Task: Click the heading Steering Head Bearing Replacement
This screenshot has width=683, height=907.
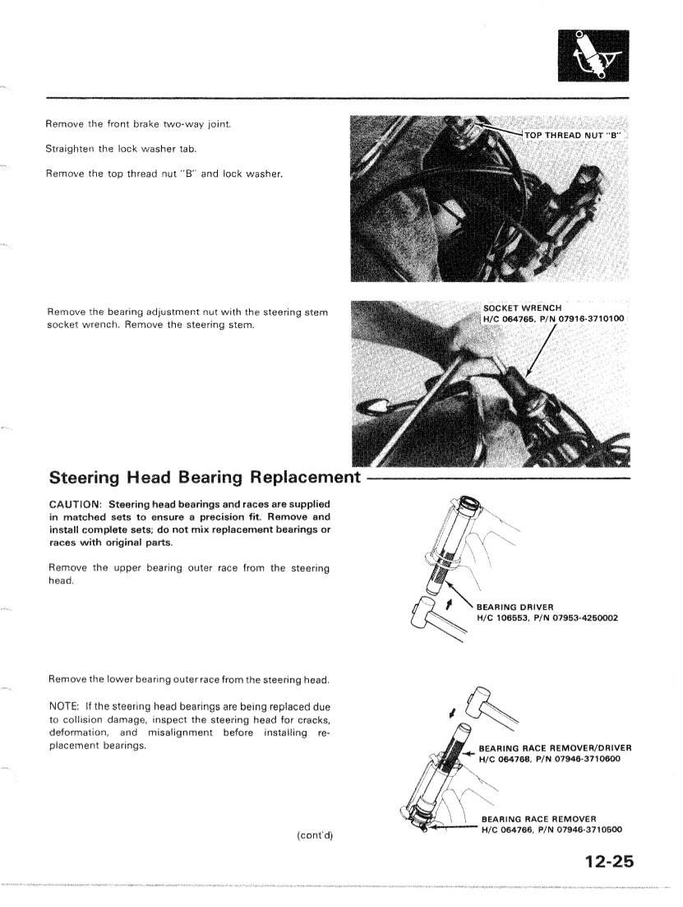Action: (x=205, y=478)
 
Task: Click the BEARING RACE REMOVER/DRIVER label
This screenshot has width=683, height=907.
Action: (x=555, y=747)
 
